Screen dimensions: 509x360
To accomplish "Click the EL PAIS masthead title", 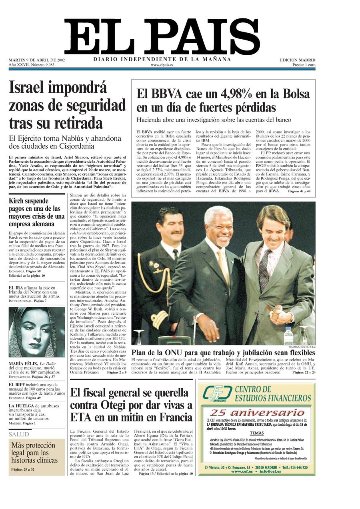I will pyautogui.click(x=162, y=37).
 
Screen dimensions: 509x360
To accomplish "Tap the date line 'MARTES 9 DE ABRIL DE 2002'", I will pyautogui.click(x=37, y=60).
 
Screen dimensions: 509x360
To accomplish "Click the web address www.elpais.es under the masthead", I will pyautogui.click(x=162, y=65).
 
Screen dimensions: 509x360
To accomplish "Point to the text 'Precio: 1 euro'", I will pyautogui.click(x=304, y=65).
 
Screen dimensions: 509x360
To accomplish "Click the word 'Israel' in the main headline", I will pyautogui.click(x=30, y=87).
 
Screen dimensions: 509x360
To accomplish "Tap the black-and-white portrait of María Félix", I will pyautogui.click(x=36, y=332).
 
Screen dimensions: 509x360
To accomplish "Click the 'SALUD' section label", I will pyautogui.click(x=19, y=434).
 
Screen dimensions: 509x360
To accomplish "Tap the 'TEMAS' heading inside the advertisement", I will pyautogui.click(x=257, y=433).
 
